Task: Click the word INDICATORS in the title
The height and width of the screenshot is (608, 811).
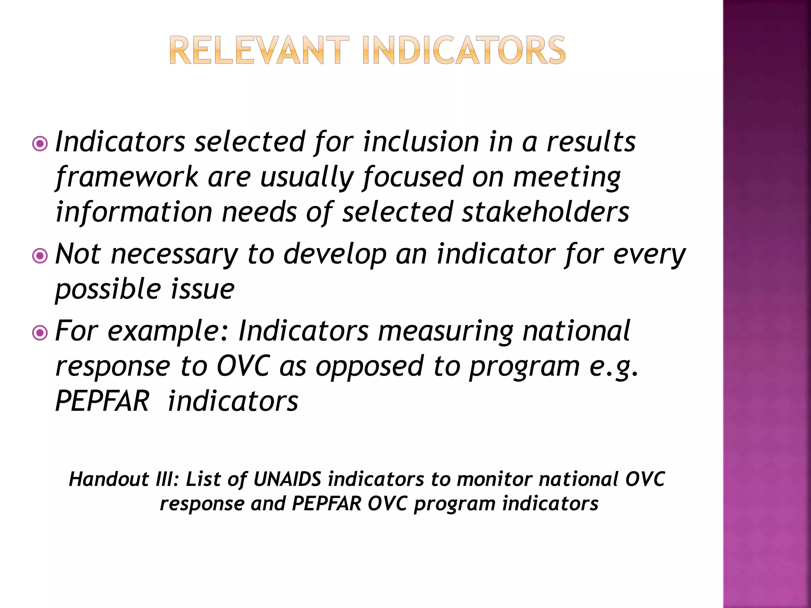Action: pos(464,50)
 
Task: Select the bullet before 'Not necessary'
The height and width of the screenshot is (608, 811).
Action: pos(40,256)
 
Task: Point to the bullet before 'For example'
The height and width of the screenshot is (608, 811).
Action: pos(40,333)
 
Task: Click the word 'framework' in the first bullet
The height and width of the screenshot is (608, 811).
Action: pos(127,177)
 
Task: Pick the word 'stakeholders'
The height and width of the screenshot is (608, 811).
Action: pos(545,212)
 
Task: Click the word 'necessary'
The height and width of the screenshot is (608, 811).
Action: pos(174,254)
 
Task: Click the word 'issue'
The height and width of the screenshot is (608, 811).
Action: pos(202,289)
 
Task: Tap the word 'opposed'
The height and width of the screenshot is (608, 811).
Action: pos(369,367)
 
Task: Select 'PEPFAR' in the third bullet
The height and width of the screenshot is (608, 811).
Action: pos(102,401)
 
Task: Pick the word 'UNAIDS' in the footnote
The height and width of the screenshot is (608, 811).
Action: pos(287,479)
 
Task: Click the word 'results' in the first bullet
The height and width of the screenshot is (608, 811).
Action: pos(591,142)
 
